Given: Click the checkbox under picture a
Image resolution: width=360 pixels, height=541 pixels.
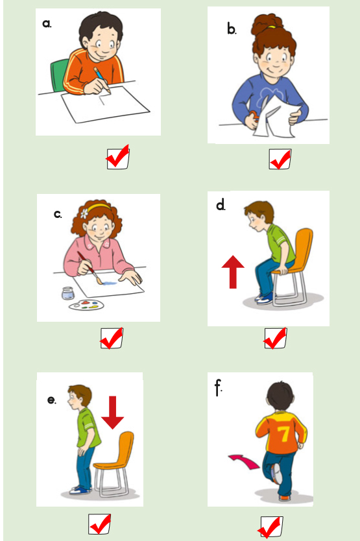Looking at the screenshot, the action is click(118, 159).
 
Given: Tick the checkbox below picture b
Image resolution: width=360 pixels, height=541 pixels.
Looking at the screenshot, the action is click(280, 159).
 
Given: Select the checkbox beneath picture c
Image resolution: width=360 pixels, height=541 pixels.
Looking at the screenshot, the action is click(112, 339).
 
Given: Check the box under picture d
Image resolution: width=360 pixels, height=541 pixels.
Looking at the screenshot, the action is click(276, 339).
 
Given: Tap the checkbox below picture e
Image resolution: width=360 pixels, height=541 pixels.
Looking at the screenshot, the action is click(99, 524).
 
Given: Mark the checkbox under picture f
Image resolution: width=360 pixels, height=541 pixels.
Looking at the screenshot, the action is click(272, 527).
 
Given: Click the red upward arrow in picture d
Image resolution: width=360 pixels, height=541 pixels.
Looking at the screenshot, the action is click(233, 272).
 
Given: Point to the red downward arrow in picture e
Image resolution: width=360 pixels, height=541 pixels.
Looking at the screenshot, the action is click(112, 413).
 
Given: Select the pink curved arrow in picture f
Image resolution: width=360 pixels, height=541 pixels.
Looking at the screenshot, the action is click(245, 462).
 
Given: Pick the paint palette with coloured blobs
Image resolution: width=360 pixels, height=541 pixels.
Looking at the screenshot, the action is click(86, 306).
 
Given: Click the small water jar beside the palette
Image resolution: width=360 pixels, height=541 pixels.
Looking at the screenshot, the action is click(68, 293).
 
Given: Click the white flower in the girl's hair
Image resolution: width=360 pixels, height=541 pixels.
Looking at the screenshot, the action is click(84, 214).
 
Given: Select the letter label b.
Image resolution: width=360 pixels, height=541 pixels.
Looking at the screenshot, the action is click(232, 29).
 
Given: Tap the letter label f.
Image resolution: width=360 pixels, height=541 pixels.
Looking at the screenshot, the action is click(218, 388).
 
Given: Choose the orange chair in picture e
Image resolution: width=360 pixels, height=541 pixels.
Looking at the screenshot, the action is click(114, 463).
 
